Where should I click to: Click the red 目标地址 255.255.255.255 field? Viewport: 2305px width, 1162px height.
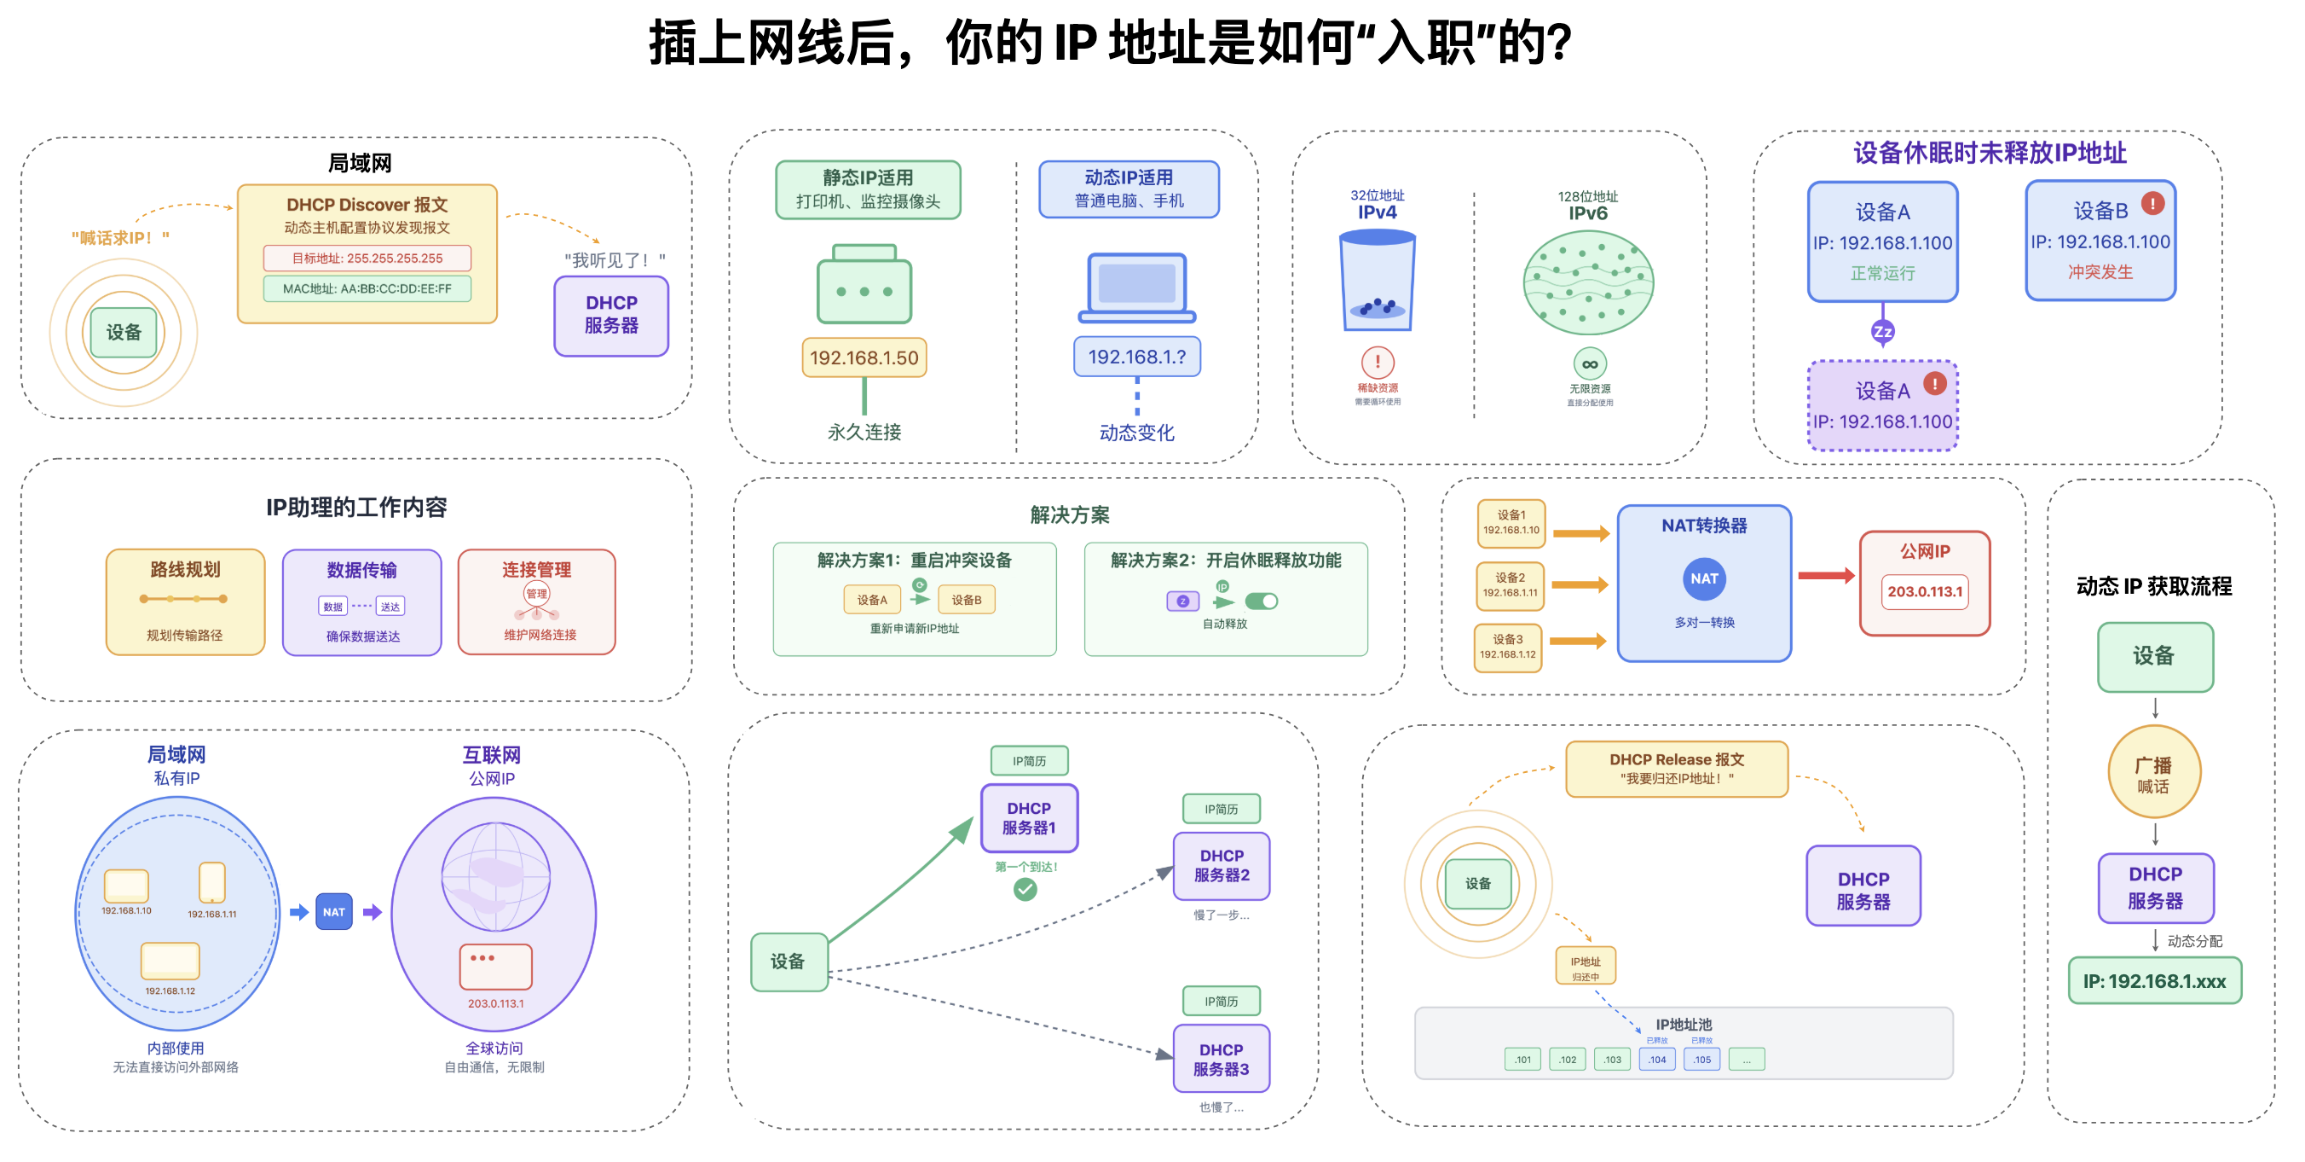point(367,259)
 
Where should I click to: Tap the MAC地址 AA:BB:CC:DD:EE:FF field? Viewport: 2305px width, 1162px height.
point(367,289)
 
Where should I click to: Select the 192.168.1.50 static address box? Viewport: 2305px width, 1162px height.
point(864,358)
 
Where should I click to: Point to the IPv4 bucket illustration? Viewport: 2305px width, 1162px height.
point(1377,281)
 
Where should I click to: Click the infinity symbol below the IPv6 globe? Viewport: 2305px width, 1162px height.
point(1589,364)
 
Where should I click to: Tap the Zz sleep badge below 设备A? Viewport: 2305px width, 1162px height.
point(1883,332)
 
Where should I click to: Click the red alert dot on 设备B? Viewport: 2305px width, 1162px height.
point(2152,203)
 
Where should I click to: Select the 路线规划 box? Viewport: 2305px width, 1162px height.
point(185,601)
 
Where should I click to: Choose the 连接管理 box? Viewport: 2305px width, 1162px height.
point(537,601)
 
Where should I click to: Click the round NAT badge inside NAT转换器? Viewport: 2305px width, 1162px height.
point(1704,579)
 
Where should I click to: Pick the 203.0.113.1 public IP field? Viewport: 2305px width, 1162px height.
point(1925,592)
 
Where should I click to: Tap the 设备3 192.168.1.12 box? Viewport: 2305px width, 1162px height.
point(1508,648)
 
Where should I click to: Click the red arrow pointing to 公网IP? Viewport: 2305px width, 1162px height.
point(1825,576)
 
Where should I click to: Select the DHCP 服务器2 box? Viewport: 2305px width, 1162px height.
point(1222,866)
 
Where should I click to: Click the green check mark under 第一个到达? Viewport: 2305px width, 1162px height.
point(1025,889)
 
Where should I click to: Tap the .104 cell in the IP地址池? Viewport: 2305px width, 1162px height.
point(1657,1060)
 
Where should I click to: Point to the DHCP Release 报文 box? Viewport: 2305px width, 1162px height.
point(1676,769)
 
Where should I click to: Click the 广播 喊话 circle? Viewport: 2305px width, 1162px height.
point(2153,773)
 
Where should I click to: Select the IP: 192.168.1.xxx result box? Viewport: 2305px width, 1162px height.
point(2154,981)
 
